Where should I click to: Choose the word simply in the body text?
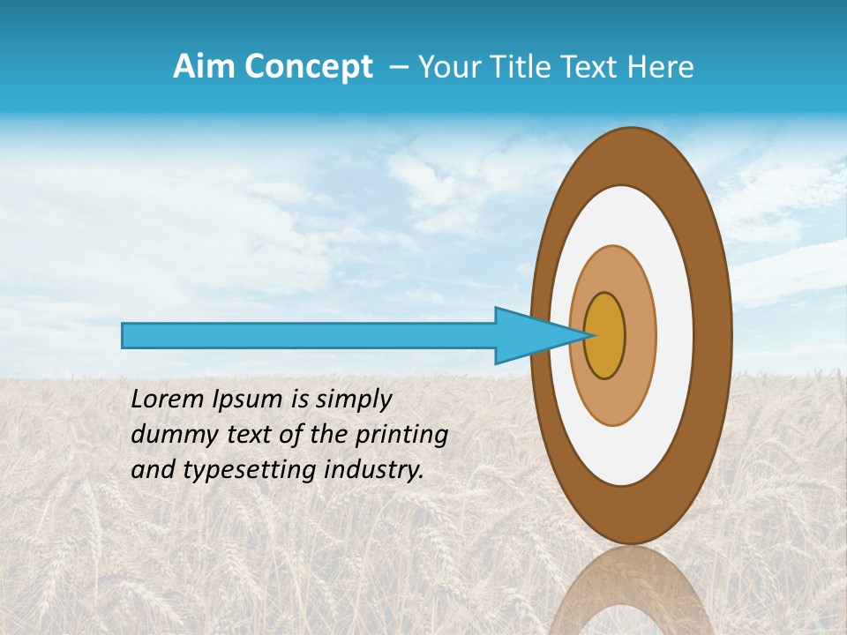click(353, 400)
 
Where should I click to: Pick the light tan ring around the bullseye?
click(640, 336)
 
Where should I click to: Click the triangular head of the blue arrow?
click(529, 336)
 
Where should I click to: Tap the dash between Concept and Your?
click(398, 67)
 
